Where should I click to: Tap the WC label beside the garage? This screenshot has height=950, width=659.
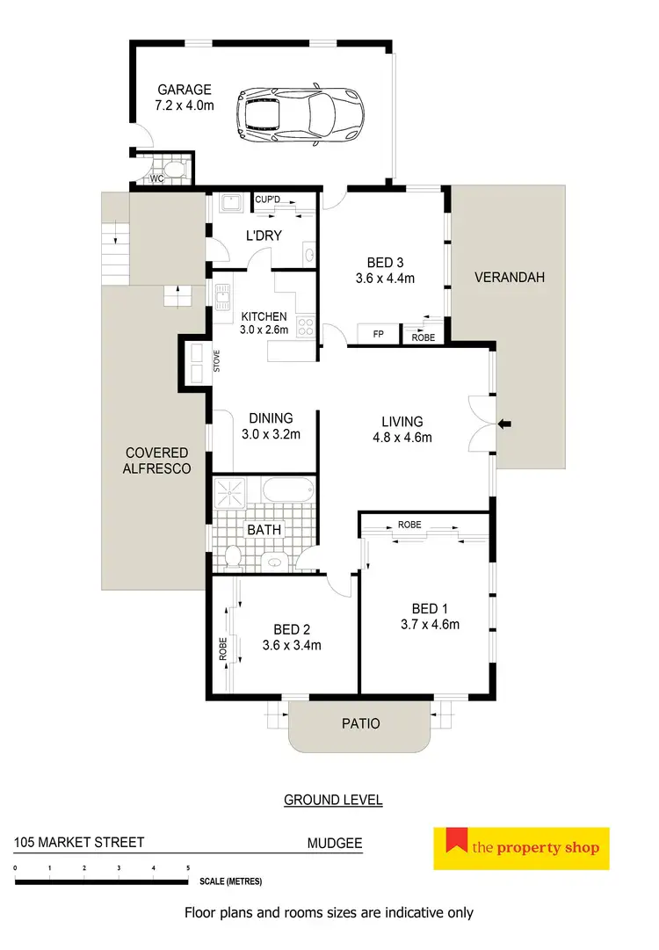(x=157, y=178)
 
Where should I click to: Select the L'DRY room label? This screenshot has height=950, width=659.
(x=262, y=236)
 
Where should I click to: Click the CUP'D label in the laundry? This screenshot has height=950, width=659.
(x=267, y=199)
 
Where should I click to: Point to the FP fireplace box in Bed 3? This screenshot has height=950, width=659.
(x=379, y=335)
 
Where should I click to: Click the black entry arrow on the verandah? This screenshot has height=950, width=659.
(x=506, y=425)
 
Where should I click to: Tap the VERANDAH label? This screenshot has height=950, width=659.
(x=510, y=277)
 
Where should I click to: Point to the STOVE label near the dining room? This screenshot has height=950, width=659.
(x=217, y=361)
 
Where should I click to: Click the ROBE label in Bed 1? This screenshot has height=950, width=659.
(x=409, y=525)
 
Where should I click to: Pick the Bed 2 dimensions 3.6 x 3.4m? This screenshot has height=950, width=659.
(x=291, y=644)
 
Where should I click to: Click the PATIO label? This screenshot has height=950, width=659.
(x=361, y=723)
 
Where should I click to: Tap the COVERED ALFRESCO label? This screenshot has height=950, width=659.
(x=156, y=461)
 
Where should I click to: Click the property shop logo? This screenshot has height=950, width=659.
(x=522, y=847)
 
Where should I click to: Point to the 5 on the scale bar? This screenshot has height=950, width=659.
(x=188, y=868)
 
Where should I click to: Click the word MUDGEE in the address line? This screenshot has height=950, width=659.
(x=334, y=842)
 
